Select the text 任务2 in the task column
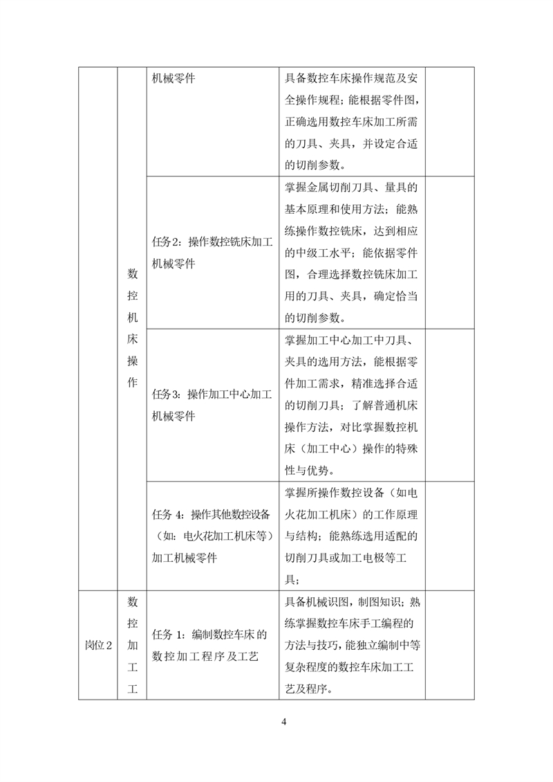pyautogui.click(x=165, y=242)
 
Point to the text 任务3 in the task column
pyautogui.click(x=165, y=394)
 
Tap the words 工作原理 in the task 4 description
pyautogui.click(x=394, y=514)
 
